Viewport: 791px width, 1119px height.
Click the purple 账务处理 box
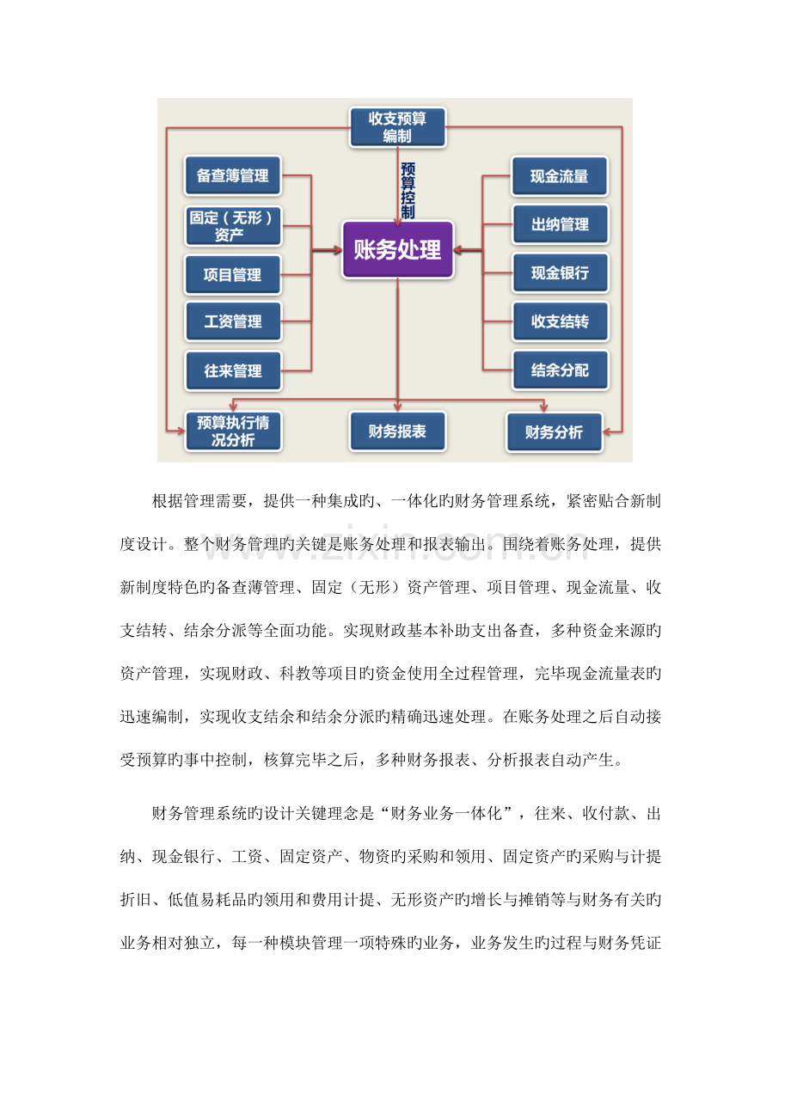coord(397,249)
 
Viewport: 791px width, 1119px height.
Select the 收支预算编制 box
coord(397,127)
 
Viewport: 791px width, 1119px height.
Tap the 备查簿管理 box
coord(233,175)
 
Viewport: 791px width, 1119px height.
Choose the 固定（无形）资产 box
coord(233,226)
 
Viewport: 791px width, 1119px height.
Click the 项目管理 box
coord(233,275)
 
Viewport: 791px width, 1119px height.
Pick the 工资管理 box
coord(233,321)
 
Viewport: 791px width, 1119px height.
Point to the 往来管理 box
coord(233,370)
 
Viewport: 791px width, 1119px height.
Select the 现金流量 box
coord(560,176)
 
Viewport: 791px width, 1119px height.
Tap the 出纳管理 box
coord(560,224)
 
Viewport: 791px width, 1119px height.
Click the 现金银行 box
coord(560,272)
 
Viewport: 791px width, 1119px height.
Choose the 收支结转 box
coord(560,321)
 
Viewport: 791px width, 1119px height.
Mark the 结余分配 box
coord(560,370)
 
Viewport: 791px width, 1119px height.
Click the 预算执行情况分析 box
coord(233,431)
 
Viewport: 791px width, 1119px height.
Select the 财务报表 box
coord(397,431)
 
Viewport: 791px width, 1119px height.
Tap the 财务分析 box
coord(555,432)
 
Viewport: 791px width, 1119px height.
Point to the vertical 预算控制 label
coord(408,191)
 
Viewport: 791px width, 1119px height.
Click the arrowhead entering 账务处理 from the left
coord(338,249)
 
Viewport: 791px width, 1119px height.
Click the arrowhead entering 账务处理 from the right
coord(457,249)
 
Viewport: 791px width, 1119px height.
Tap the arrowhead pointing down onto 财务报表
coord(398,407)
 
